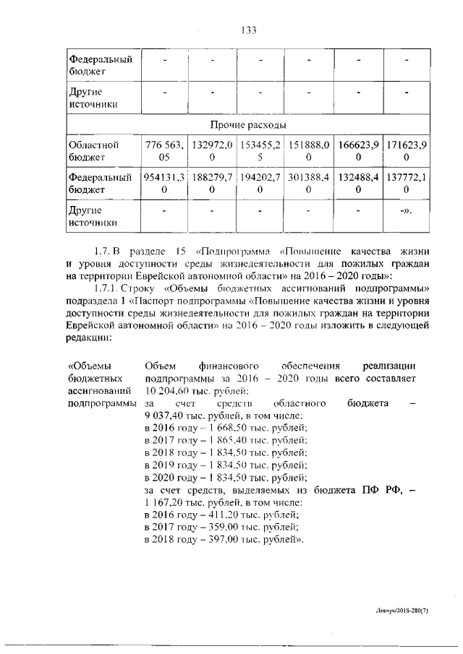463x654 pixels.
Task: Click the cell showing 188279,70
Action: coord(211,183)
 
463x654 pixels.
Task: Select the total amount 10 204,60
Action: coord(169,390)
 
